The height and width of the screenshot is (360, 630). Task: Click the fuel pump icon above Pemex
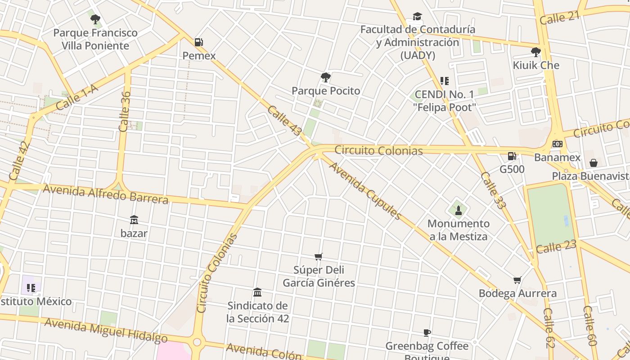coord(198,42)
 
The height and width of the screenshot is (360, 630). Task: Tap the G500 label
coord(512,169)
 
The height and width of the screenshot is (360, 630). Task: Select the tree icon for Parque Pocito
coord(325,77)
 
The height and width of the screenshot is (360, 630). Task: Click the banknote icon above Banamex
coord(557,144)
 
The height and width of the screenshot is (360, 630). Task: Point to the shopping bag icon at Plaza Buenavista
coord(593,162)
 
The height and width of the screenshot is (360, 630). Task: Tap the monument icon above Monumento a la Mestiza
coord(458,210)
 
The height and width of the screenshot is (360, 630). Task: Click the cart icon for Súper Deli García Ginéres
coord(319,256)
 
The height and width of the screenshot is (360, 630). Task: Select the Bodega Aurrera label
coord(517,293)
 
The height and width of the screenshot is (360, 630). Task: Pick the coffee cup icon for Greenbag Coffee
coord(427,333)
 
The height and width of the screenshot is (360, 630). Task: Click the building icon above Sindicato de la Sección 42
coord(257,292)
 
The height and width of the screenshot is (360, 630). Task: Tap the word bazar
coord(134,234)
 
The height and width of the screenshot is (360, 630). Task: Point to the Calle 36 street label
coord(125,112)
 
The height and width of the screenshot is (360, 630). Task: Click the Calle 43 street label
coord(284,121)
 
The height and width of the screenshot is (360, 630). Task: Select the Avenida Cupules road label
coord(365,190)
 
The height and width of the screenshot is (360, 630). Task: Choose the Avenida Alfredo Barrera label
coord(106,193)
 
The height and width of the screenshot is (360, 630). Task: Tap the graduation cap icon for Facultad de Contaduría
coord(417,17)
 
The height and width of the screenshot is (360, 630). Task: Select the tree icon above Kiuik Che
coord(535,52)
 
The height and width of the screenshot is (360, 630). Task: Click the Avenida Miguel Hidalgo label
coord(106,330)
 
